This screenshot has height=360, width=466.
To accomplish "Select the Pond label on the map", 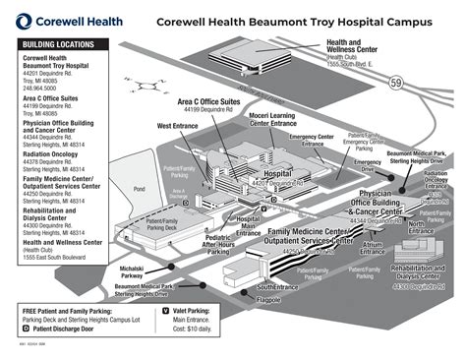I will point(139,188).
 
